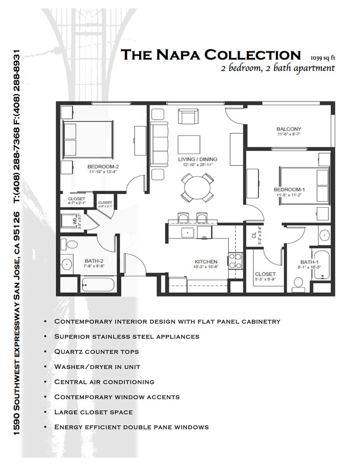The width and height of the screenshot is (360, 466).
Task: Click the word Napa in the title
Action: click(x=179, y=55)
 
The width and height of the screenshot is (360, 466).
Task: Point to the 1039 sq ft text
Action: click(x=323, y=57)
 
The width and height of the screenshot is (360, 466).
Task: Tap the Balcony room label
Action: click(x=289, y=129)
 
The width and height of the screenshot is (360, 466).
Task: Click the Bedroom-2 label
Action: click(x=103, y=166)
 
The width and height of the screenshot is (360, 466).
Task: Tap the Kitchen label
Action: click(x=205, y=261)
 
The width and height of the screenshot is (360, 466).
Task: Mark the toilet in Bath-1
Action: click(x=299, y=283)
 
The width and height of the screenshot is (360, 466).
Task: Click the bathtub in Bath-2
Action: click(x=98, y=284)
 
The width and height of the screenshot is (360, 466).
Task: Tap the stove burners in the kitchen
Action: click(x=235, y=260)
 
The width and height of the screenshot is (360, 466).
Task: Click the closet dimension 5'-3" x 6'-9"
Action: click(x=265, y=280)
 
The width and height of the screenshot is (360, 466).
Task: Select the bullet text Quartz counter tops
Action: click(x=96, y=351)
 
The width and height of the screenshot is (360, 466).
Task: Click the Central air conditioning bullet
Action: click(x=104, y=382)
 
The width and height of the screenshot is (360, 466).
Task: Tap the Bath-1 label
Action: click(x=308, y=262)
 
